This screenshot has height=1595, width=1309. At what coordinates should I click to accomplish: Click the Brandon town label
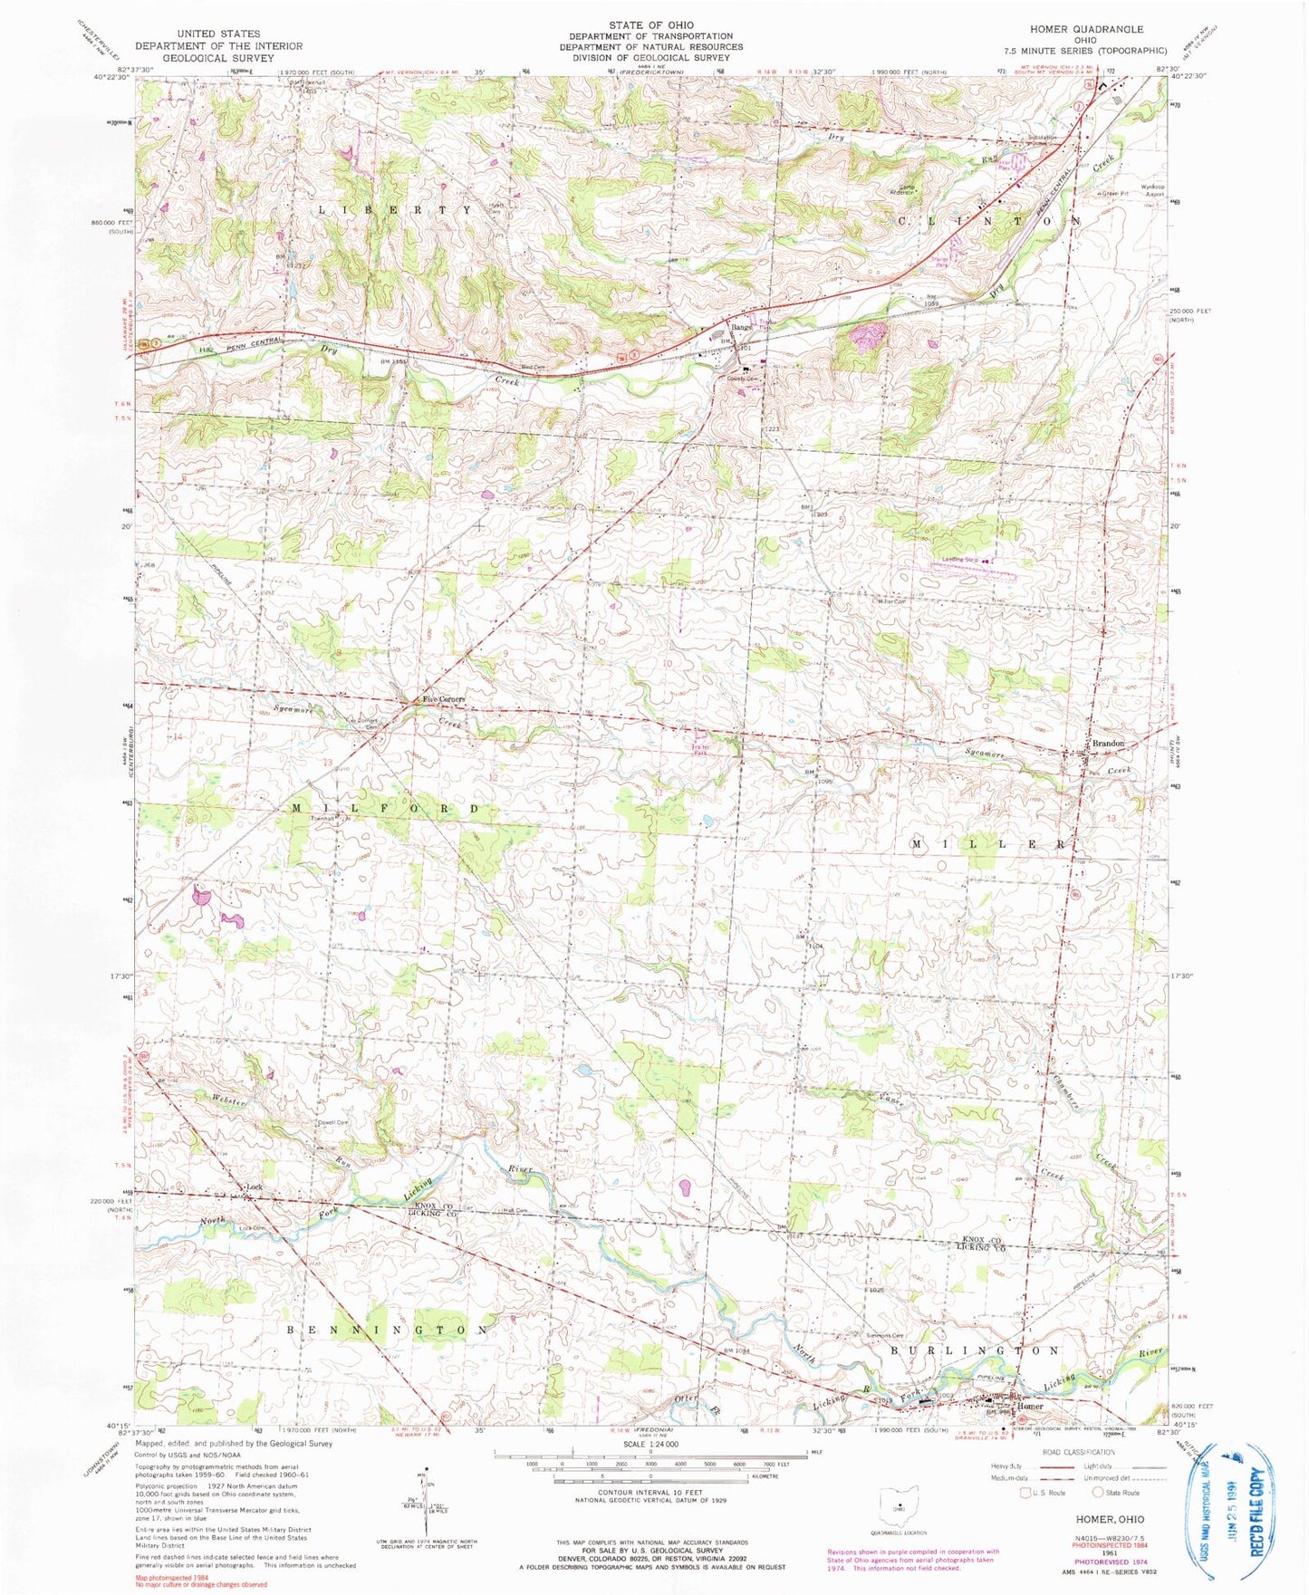[x=1107, y=744]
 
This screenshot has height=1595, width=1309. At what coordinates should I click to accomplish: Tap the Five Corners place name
[x=443, y=700]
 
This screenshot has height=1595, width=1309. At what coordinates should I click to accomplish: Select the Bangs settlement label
[x=742, y=327]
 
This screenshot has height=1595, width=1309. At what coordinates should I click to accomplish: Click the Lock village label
[x=255, y=1187]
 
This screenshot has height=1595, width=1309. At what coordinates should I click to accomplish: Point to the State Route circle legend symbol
[x=1098, y=1493]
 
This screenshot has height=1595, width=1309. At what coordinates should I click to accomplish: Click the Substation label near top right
[x=1042, y=138]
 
